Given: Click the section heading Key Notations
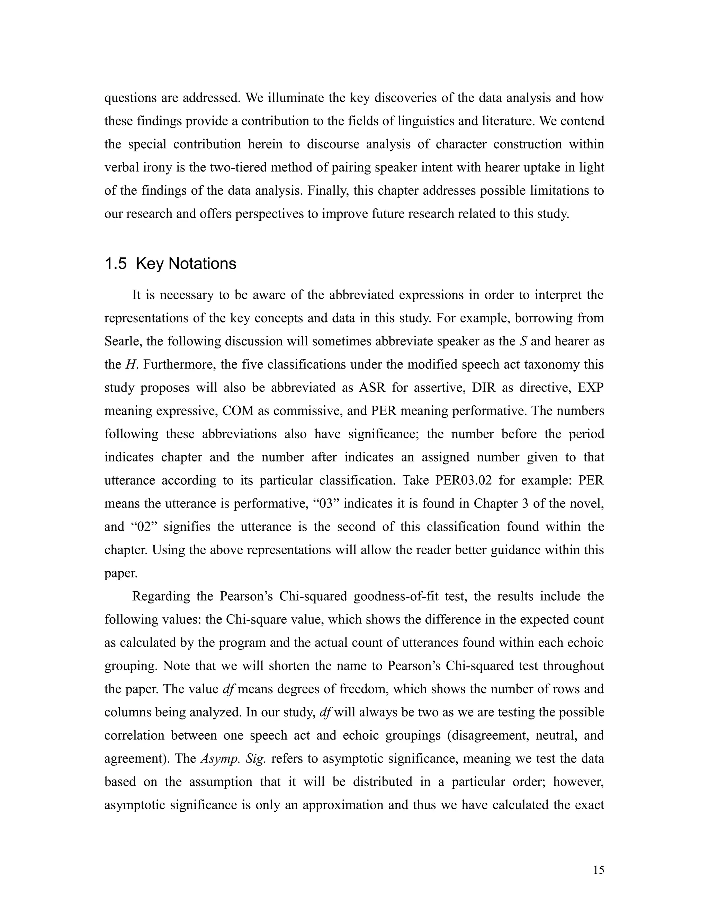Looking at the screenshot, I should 186,264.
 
